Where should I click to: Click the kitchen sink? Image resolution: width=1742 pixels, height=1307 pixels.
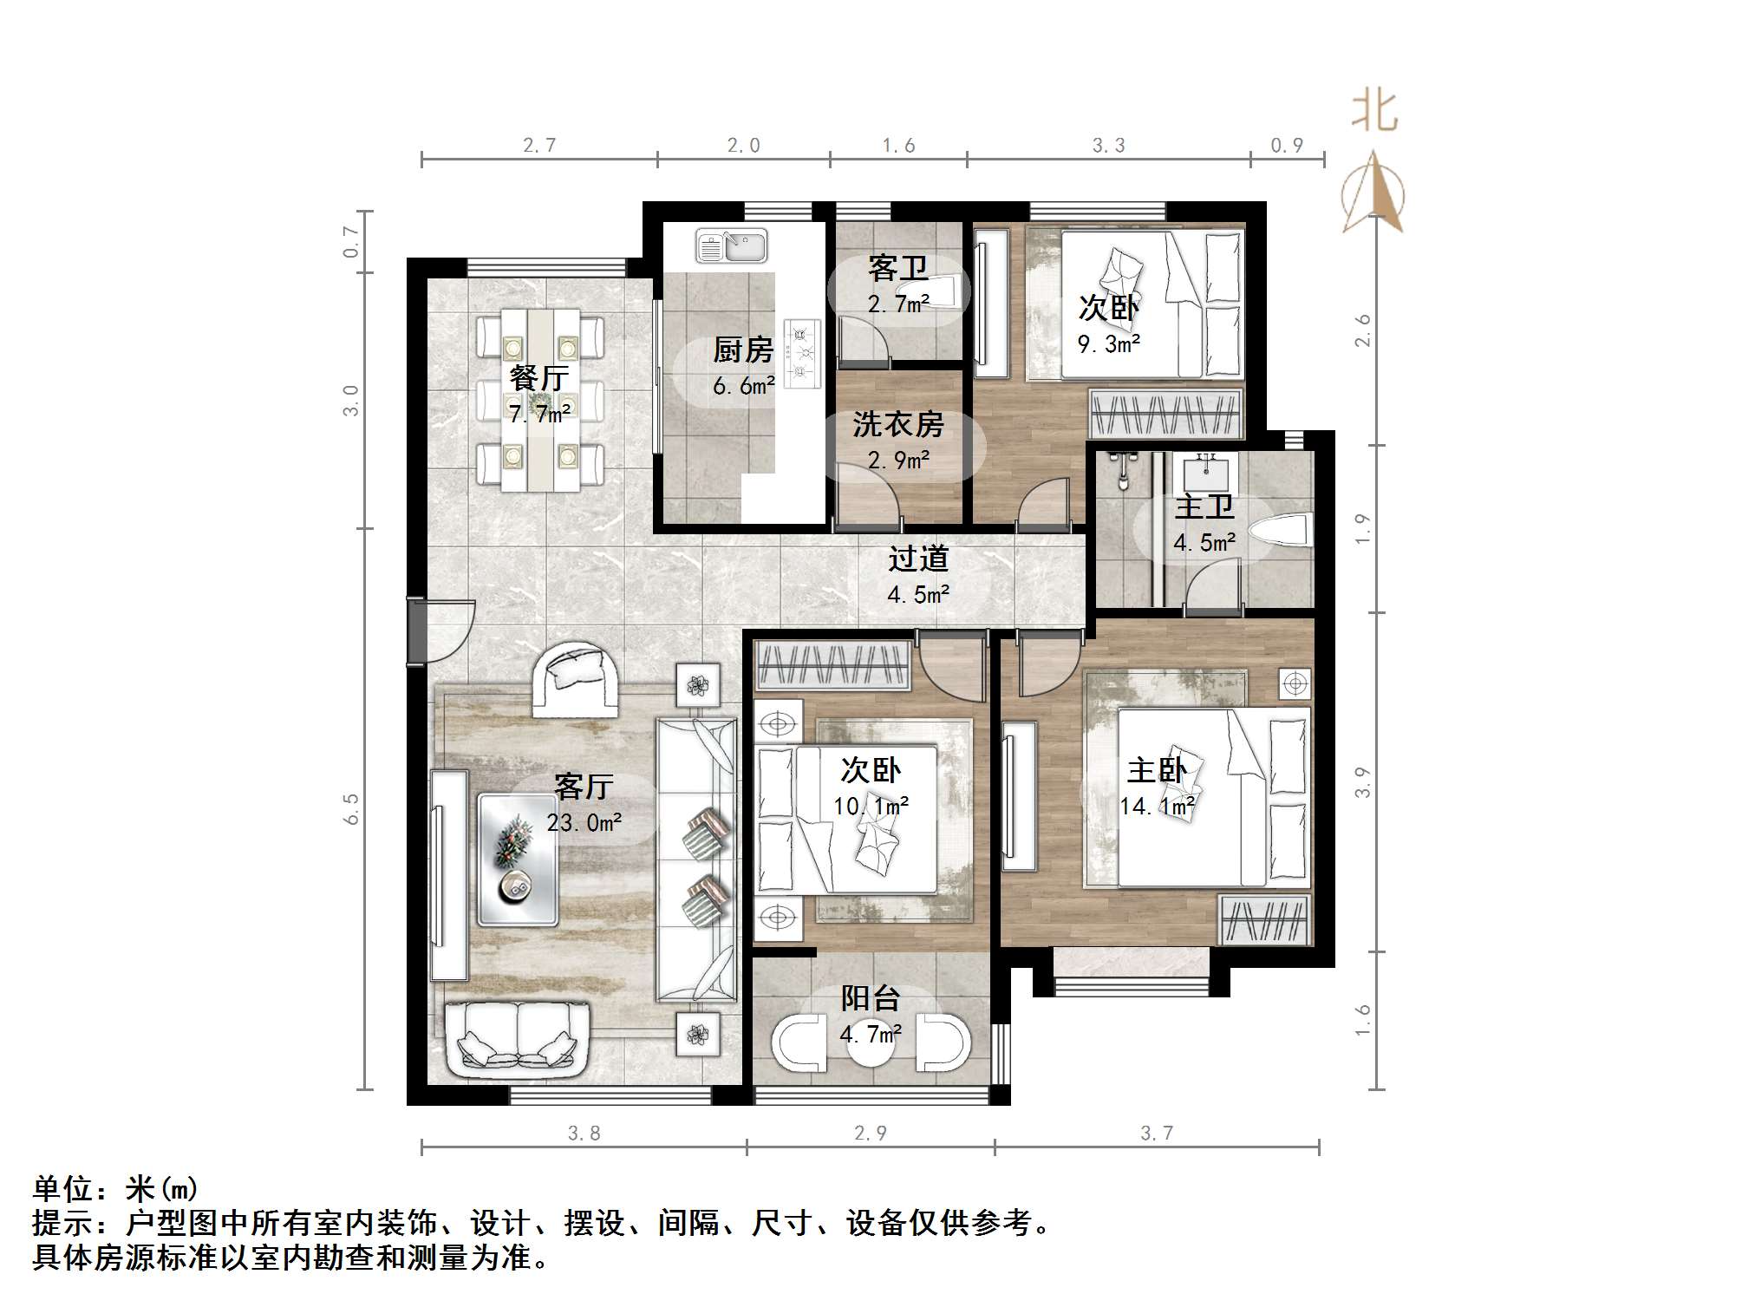click(731, 246)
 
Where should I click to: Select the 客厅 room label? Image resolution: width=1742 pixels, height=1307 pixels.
click(584, 787)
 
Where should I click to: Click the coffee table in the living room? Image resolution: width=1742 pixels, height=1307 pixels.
click(518, 859)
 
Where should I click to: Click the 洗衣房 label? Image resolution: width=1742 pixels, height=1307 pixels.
click(897, 424)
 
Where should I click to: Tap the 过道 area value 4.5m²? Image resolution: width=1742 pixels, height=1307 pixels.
click(918, 595)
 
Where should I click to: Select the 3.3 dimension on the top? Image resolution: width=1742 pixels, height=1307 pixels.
click(1108, 146)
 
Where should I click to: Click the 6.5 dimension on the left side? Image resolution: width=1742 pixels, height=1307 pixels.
click(351, 808)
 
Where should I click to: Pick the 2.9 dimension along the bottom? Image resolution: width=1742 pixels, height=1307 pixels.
click(870, 1134)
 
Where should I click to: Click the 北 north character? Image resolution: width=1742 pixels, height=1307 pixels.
click(1374, 111)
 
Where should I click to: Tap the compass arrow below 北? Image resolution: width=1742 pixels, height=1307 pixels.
click(1373, 193)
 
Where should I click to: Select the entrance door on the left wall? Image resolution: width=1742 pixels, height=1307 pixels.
click(417, 631)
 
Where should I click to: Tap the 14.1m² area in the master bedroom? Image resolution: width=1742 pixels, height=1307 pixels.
click(1157, 807)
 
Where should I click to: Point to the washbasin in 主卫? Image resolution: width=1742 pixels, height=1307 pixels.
click(1205, 474)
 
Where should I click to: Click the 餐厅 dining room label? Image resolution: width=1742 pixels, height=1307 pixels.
click(538, 378)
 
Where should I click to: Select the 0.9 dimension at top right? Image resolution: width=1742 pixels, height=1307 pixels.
click(1287, 146)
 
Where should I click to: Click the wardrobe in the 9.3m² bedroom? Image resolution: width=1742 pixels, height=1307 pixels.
click(1165, 414)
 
